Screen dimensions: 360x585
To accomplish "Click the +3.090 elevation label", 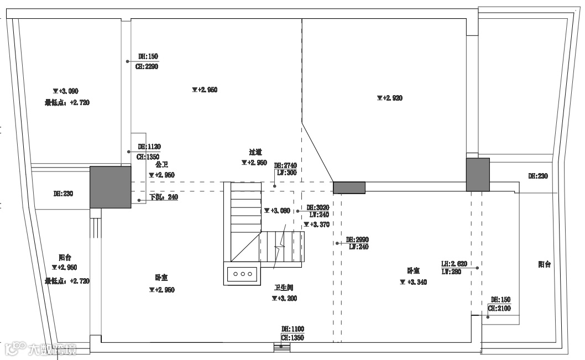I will (66, 91).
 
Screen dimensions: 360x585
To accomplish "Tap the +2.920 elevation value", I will (390, 98).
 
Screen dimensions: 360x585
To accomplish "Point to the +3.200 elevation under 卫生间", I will (284, 298).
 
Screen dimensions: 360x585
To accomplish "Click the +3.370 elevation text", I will (317, 225).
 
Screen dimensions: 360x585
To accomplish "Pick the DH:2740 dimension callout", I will (285, 165).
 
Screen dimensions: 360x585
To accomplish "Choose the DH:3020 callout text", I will (318, 207).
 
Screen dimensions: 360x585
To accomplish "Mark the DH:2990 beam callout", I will (357, 239).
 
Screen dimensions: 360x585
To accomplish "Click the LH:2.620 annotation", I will (455, 264).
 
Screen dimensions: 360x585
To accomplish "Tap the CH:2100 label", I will (499, 308).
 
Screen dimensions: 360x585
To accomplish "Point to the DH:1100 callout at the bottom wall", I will (292, 329).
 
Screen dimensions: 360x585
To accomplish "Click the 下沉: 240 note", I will (164, 197).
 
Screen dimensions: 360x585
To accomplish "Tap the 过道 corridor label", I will (255, 152).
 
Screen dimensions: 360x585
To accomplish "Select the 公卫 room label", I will (161, 165).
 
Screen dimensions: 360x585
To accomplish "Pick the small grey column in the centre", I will (349, 187).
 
